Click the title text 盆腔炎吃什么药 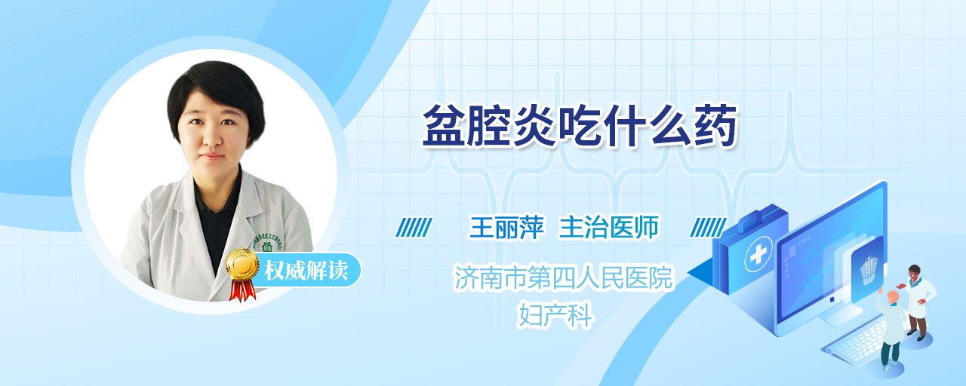pyautogui.click(x=579, y=126)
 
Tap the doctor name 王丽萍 pyautogui.click(x=506, y=227)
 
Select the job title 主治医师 pyautogui.click(x=609, y=227)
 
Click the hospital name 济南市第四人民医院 pyautogui.click(x=563, y=277)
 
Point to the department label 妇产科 pyautogui.click(x=555, y=315)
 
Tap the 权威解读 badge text pyautogui.click(x=306, y=271)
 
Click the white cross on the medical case pyautogui.click(x=758, y=255)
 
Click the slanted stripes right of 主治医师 pyautogui.click(x=708, y=227)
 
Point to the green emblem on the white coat pyautogui.click(x=267, y=247)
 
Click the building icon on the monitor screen pyautogui.click(x=869, y=270)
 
